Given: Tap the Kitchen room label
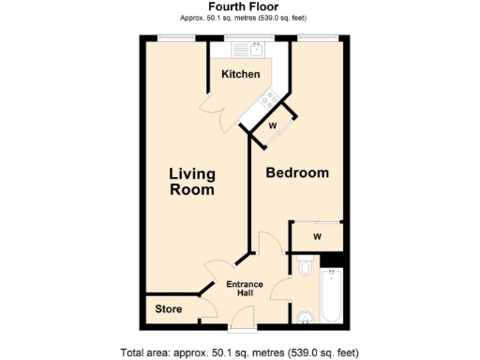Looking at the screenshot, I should [x=240, y=74].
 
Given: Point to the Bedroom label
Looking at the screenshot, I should [x=297, y=173].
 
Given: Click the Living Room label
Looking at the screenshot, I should [x=191, y=181].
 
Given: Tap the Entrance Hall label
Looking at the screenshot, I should [x=246, y=289].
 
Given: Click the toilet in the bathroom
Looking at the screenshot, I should [x=304, y=269].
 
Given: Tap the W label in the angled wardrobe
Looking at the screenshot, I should [x=272, y=125].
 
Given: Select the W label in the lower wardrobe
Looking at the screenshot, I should [x=317, y=236].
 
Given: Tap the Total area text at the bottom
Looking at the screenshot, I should [x=239, y=352].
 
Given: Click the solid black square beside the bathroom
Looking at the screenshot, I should [x=338, y=259].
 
